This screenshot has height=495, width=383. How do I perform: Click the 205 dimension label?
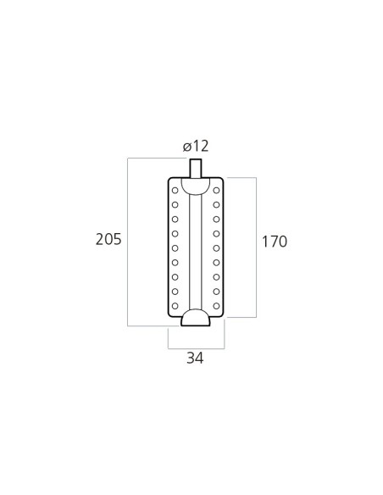(x=108, y=239)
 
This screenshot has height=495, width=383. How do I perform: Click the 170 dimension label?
(x=275, y=242)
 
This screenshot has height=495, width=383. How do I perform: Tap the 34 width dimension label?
(x=195, y=358)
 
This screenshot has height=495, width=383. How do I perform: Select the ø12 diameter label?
(x=196, y=146)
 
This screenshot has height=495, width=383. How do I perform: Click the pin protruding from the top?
(x=196, y=169)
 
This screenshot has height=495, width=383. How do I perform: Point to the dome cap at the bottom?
(x=196, y=318)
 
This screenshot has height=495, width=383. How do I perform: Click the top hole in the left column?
(x=175, y=191)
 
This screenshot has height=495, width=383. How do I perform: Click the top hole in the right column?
(x=216, y=191)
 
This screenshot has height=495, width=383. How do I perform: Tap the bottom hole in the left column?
(x=175, y=306)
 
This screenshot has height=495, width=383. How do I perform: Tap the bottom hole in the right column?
(x=216, y=306)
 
